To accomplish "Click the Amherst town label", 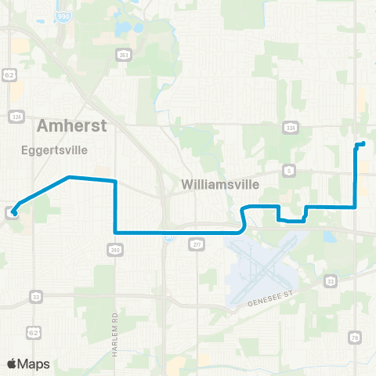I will [x=70, y=126].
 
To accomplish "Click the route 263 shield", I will [x=124, y=54].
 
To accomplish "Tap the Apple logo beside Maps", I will [x=12, y=363].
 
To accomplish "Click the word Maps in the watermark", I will [x=34, y=363].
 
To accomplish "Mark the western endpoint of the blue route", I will [x=13, y=211].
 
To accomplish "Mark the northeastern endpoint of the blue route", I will [x=363, y=143].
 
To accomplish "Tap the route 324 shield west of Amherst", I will [x=16, y=115].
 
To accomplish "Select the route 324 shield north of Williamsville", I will [x=290, y=126].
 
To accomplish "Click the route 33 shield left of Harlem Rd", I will [x=36, y=295].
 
